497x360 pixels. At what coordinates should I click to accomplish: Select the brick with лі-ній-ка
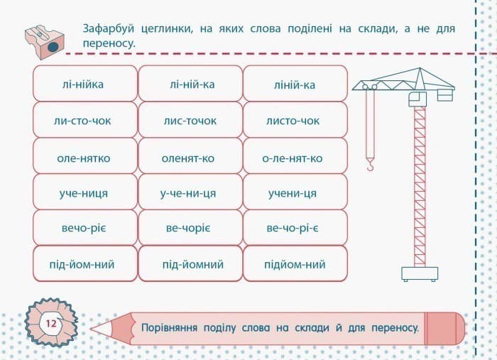click(188, 84)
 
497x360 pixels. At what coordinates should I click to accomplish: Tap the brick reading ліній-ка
click(294, 84)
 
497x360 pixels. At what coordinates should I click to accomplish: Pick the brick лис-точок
click(188, 120)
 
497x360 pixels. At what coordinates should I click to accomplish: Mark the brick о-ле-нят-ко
click(294, 158)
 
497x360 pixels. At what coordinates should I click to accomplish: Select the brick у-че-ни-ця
click(188, 193)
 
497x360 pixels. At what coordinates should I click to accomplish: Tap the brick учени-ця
click(294, 193)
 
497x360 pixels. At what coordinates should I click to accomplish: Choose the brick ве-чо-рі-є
click(294, 229)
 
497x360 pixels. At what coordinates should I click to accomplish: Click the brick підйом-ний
click(294, 264)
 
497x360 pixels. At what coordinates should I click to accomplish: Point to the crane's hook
click(369, 165)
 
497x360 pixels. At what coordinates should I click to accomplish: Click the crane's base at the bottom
click(419, 274)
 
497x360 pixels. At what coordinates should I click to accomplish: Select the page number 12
click(51, 324)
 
